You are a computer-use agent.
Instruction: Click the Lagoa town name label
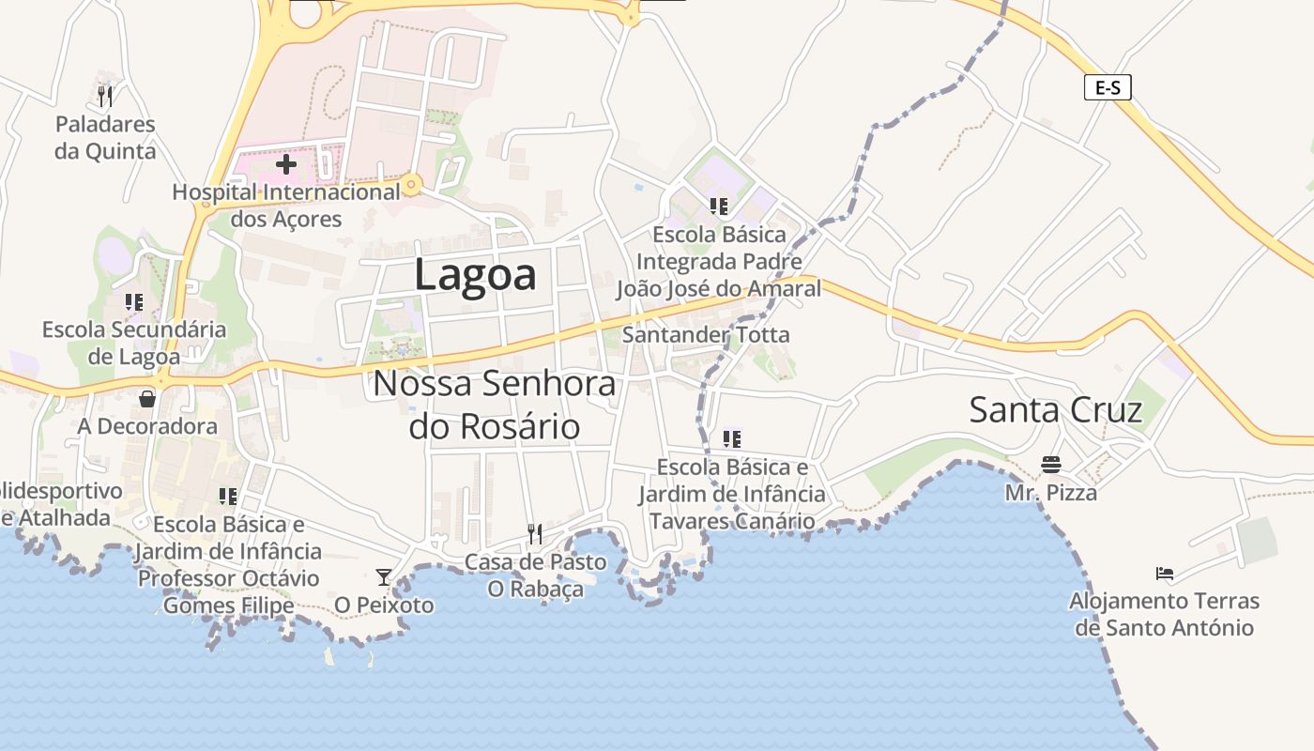[475, 275]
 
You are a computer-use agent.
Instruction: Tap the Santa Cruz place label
[1055, 410]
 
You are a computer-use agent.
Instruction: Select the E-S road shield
[1108, 88]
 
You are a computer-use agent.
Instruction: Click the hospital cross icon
[286, 164]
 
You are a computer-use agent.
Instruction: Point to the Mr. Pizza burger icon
[1050, 464]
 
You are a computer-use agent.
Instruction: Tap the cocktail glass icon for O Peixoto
[384, 576]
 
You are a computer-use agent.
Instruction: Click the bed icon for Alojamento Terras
[1165, 573]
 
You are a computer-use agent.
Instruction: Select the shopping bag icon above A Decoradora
[147, 399]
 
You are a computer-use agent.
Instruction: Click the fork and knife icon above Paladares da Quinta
[105, 96]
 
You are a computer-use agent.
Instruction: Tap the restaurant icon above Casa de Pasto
[535, 534]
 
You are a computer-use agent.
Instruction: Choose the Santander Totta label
[706, 334]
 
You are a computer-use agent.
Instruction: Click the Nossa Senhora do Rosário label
[495, 405]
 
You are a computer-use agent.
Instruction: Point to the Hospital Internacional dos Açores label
[286, 206]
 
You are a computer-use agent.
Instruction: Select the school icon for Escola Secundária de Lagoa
[134, 302]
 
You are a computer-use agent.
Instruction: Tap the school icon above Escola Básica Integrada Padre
[719, 206]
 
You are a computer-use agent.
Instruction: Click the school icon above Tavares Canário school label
[732, 438]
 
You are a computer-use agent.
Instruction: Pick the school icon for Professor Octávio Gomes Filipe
[228, 496]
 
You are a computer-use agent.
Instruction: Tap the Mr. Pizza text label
[1050, 492]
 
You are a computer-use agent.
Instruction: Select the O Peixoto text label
[384, 605]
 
